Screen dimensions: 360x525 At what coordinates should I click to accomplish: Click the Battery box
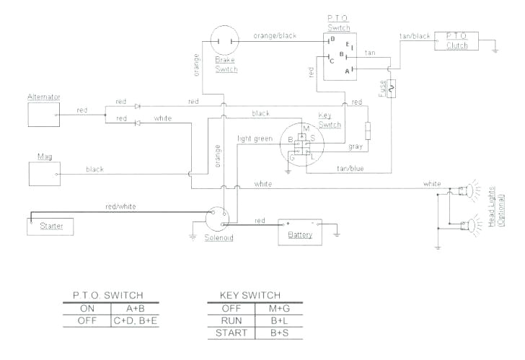tap(299, 230)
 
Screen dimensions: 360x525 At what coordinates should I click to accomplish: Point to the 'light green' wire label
tap(255, 138)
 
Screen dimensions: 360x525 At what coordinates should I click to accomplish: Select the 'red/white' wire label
tap(120, 206)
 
